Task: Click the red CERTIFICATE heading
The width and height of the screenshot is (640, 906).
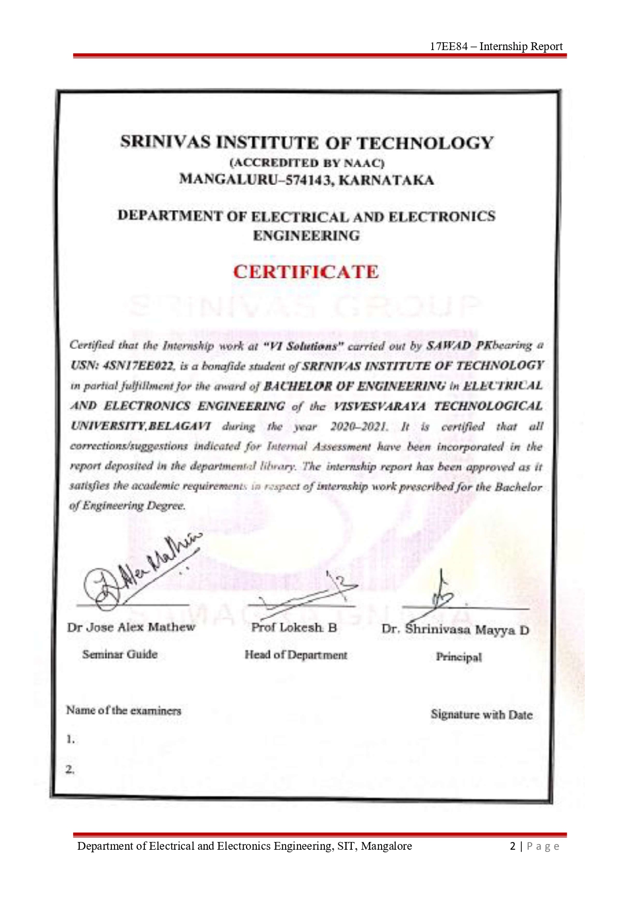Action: tap(306, 272)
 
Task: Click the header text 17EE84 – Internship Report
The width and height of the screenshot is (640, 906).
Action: tap(496, 46)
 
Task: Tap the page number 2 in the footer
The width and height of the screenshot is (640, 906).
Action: tap(513, 846)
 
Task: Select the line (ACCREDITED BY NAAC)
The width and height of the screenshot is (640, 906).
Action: tap(307, 163)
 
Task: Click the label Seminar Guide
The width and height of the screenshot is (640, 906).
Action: tap(120, 654)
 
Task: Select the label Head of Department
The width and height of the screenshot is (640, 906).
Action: tap(296, 655)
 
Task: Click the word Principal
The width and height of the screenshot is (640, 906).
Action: tap(458, 657)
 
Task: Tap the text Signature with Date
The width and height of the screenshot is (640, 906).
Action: tap(481, 715)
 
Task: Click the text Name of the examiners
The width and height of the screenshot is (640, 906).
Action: tap(124, 710)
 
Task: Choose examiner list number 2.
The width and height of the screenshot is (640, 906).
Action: tap(70, 769)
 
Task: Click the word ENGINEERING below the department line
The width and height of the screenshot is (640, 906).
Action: tap(306, 236)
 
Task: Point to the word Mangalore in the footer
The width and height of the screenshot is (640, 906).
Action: tap(386, 846)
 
